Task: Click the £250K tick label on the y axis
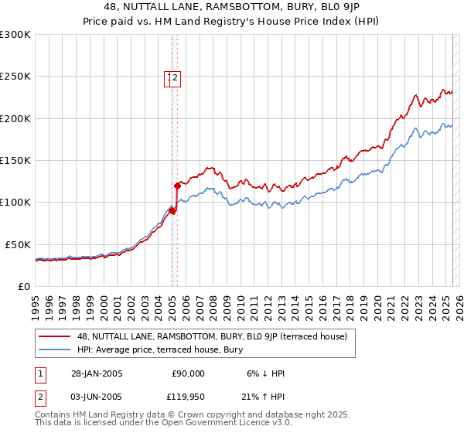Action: pos(15,77)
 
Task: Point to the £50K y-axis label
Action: pos(18,244)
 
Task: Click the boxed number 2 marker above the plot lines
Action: pos(176,77)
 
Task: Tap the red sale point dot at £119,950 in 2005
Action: pos(177,186)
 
